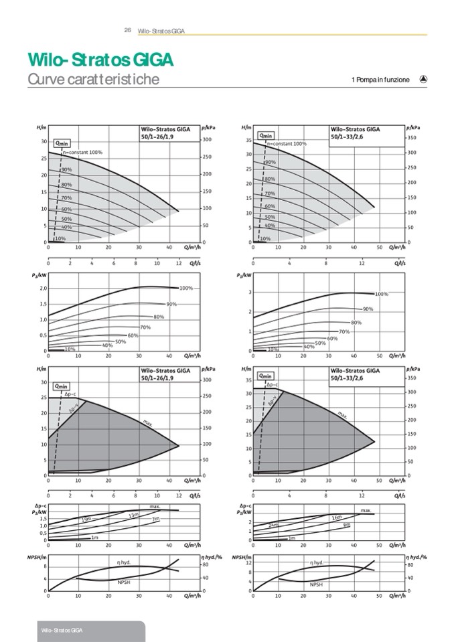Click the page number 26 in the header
pos(127,30)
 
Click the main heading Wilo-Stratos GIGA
pos(101,60)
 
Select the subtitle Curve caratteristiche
pos(93,80)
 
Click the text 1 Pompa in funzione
pos(380,80)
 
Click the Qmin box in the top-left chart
pos(62,143)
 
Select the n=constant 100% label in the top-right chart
pos(287,143)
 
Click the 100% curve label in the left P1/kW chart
pos(186,288)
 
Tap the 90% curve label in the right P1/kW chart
pos(368,309)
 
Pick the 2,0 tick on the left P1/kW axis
pos(43,288)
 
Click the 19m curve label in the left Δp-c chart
pos(86,519)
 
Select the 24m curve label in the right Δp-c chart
pos(274,526)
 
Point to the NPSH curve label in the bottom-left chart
pos(123,582)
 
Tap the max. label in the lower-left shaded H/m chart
pos(148,422)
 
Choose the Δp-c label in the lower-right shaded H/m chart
pos(273,385)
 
